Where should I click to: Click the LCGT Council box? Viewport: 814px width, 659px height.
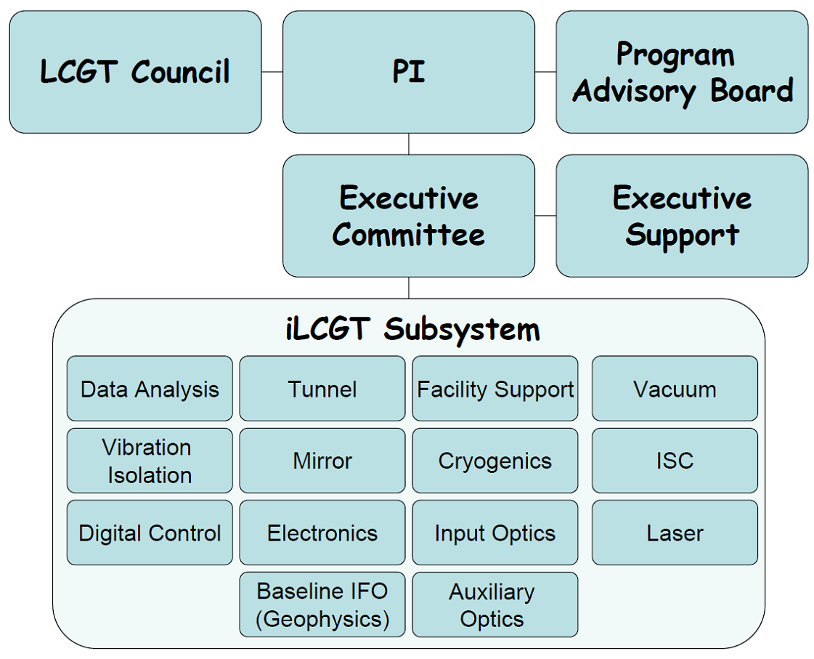[136, 72]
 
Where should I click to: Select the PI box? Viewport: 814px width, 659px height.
[409, 72]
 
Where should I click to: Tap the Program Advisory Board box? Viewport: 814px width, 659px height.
[682, 72]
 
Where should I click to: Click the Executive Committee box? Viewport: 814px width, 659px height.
[409, 216]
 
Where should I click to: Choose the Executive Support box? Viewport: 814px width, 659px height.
[682, 216]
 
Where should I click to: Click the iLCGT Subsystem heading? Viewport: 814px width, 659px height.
[412, 329]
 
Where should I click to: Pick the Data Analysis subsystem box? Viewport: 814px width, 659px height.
[150, 389]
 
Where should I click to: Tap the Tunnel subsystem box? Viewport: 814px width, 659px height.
[322, 389]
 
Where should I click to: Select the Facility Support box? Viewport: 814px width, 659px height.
[495, 389]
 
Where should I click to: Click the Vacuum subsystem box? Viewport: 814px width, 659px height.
[675, 389]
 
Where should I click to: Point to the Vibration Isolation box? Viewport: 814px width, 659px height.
[150, 461]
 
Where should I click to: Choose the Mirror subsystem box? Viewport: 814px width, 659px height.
[322, 461]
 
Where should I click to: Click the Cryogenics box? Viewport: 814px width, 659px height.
[495, 461]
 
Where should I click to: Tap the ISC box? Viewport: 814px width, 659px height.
[675, 461]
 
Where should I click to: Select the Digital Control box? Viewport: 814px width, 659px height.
[150, 533]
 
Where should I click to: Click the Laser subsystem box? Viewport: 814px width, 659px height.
[675, 533]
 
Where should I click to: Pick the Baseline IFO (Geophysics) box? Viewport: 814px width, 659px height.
[322, 605]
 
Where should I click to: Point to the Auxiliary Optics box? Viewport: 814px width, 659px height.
[495, 605]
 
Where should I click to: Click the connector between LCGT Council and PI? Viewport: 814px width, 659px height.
[272, 72]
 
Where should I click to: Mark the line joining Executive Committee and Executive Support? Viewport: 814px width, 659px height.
[545, 216]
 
